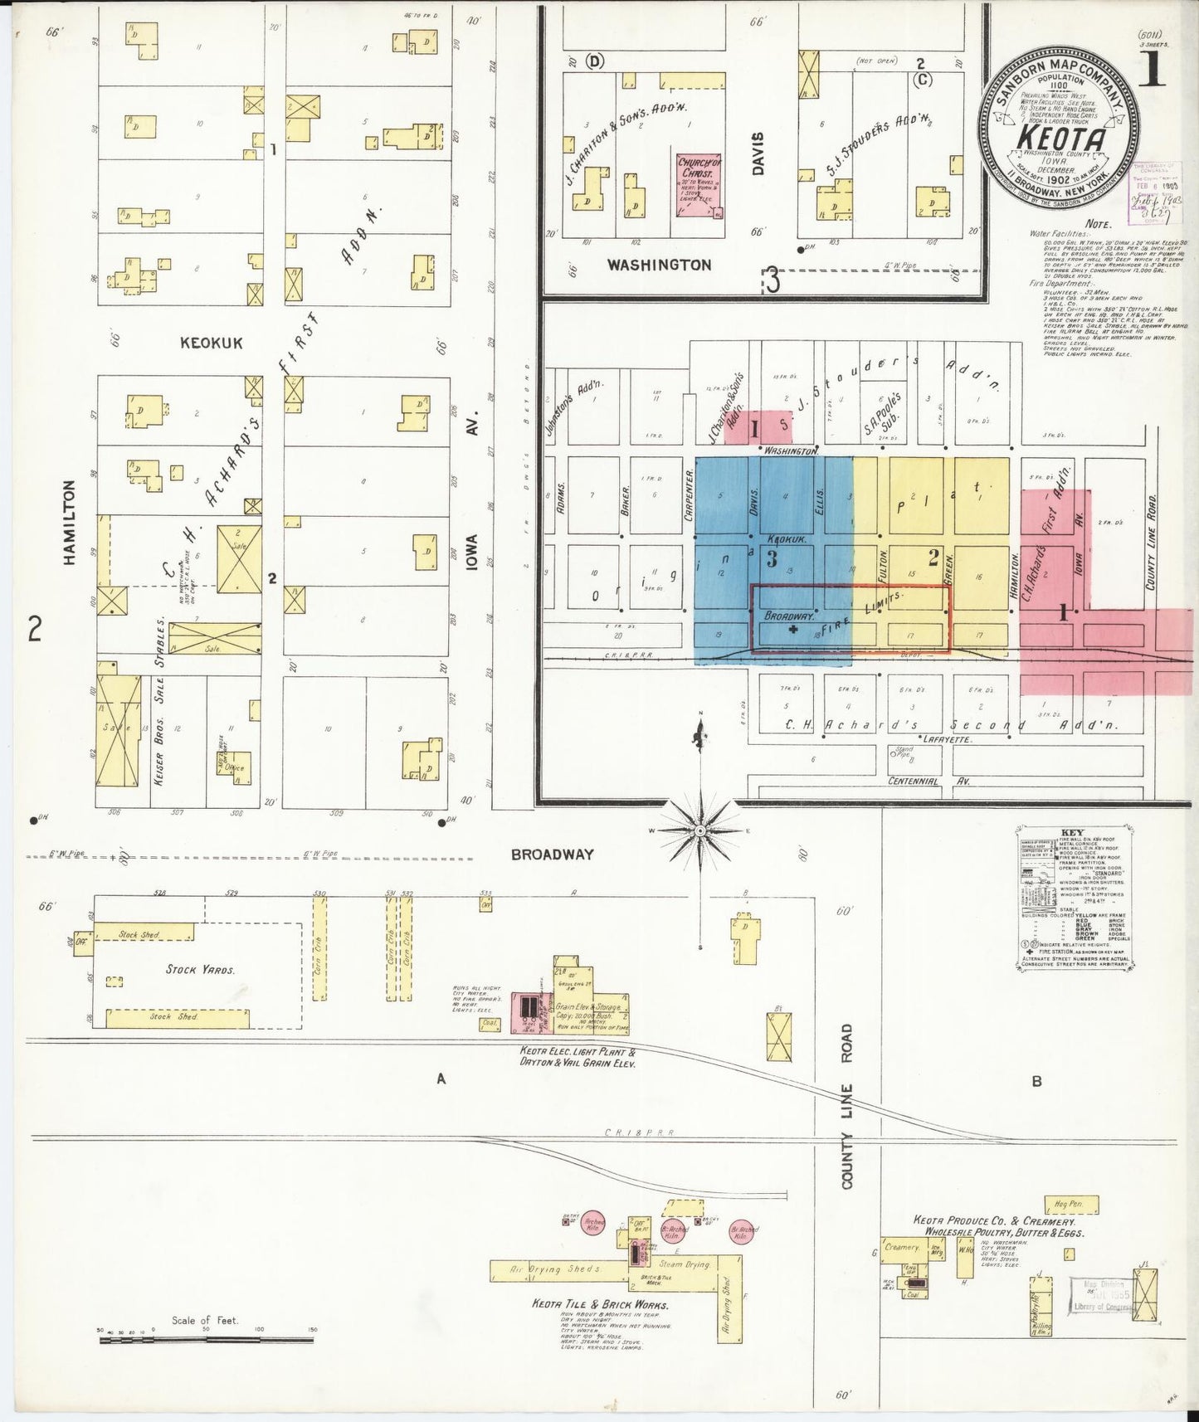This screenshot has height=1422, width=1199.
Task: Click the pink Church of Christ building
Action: (x=699, y=185)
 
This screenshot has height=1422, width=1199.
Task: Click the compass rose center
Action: (x=701, y=830)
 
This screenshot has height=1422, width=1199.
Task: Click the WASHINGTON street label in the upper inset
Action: (x=659, y=265)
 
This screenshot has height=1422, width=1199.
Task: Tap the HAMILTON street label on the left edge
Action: (x=70, y=523)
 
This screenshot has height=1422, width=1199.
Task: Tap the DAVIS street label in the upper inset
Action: (x=757, y=153)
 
